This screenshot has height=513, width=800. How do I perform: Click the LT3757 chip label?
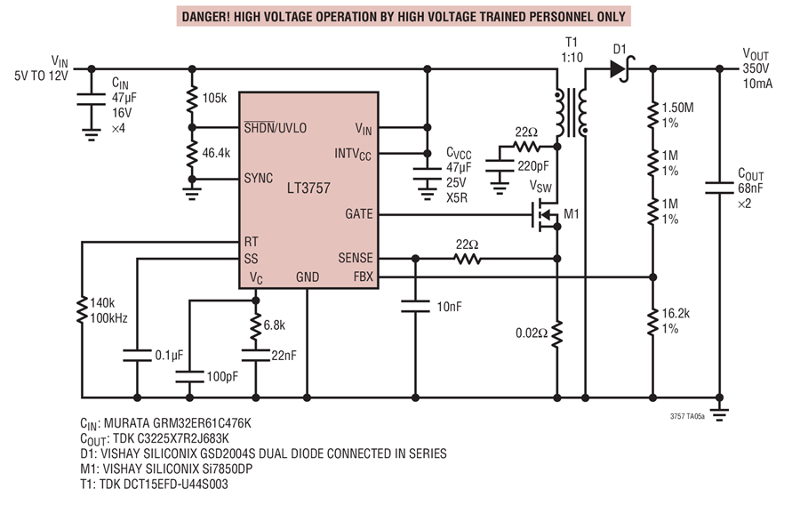[308, 188]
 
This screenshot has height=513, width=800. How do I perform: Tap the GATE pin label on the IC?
[359, 214]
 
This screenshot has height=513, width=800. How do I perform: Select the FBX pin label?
[364, 277]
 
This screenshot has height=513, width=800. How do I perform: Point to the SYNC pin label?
[258, 178]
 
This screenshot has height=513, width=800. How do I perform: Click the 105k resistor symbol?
[192, 100]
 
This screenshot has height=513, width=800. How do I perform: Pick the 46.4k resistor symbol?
[192, 154]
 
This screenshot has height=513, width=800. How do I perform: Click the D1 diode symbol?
[622, 69]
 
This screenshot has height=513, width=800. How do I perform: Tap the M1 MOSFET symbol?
[545, 215]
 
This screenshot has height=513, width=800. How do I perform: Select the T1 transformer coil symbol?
[571, 113]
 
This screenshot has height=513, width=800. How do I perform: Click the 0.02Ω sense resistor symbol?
[557, 334]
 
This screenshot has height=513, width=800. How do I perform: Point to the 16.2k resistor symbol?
[652, 322]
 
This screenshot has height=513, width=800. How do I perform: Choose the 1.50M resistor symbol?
[652, 116]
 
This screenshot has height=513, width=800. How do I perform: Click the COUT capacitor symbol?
[719, 188]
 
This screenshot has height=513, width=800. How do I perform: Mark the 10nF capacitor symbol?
[415, 306]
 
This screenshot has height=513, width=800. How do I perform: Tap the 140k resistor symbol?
[82, 310]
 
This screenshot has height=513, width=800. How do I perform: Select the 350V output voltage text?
[756, 69]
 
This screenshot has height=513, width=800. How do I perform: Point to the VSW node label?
[540, 187]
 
